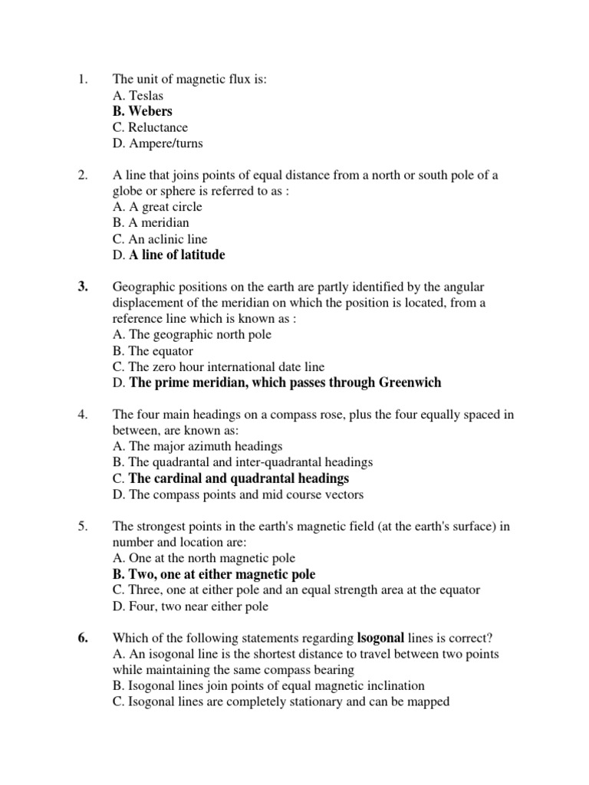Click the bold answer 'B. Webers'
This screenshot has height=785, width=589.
click(142, 111)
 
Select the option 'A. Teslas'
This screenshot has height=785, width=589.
click(137, 96)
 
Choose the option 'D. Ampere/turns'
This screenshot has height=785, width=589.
click(157, 143)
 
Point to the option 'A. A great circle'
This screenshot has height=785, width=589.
click(156, 207)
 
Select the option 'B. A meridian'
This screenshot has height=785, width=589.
click(150, 223)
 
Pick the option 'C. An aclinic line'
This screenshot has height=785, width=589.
click(160, 239)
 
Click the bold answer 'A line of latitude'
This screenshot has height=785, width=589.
click(177, 255)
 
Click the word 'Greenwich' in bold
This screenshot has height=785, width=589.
click(408, 382)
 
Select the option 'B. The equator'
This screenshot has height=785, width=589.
click(152, 350)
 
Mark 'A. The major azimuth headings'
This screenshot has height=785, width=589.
click(197, 446)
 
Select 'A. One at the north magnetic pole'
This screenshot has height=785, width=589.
click(203, 558)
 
